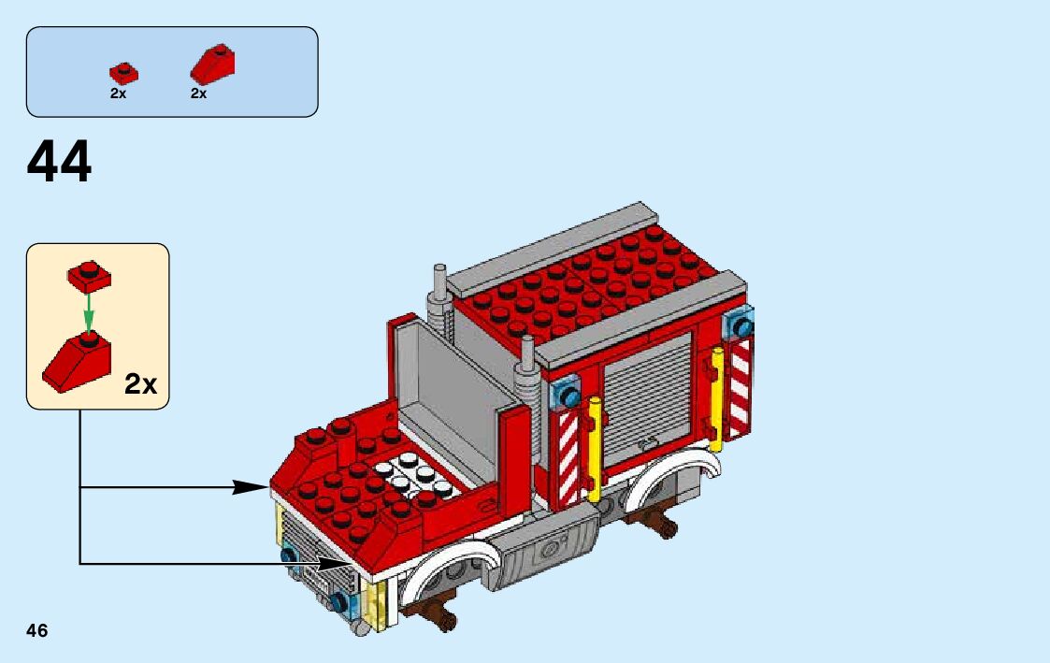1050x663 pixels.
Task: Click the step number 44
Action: pos(60,163)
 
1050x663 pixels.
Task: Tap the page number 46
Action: pos(37,630)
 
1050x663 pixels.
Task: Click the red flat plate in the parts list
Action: pos(122,73)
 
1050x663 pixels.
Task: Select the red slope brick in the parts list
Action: pos(213,65)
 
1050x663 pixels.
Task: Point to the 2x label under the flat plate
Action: pos(118,94)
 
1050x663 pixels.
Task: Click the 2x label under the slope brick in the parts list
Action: pos(198,94)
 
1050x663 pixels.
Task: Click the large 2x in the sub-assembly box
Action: pos(141,383)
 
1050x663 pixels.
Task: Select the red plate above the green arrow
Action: pos(89,275)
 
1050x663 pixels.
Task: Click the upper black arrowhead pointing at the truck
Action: pos(251,486)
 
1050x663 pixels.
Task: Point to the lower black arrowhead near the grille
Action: pos(335,563)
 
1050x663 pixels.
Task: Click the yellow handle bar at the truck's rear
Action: pos(717,397)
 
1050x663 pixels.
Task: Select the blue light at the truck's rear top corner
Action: pos(742,324)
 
